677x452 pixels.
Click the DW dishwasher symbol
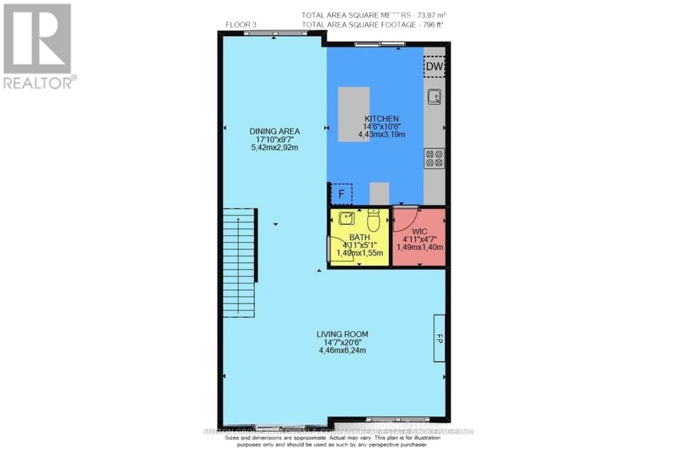[x=434, y=66]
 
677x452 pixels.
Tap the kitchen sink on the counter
[x=434, y=97]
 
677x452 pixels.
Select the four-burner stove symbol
[x=434, y=158]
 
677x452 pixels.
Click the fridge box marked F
[x=341, y=194]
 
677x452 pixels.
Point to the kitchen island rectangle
[x=353, y=114]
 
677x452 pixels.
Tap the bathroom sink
[x=347, y=219]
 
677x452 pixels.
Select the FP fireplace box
[x=439, y=338]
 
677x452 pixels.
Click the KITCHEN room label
[x=382, y=119]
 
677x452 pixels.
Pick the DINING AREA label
[x=275, y=131]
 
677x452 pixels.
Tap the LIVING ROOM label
[x=342, y=334]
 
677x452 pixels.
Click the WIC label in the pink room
[x=419, y=232]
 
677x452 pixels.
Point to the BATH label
[x=359, y=238]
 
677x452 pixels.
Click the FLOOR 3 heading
[x=241, y=25]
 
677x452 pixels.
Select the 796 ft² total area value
[x=431, y=25]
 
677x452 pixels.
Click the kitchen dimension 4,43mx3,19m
[x=382, y=134]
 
